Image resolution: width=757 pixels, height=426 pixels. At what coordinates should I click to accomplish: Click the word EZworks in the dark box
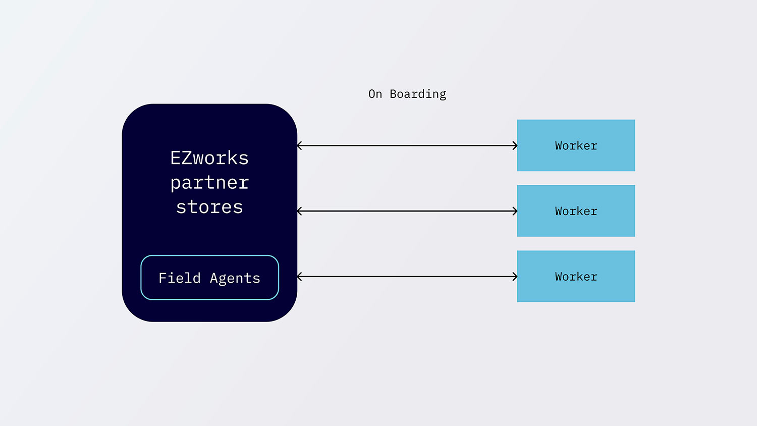tap(209, 158)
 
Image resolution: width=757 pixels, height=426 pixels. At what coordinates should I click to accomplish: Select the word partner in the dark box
tap(209, 183)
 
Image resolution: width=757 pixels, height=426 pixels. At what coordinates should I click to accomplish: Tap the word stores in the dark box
tap(209, 207)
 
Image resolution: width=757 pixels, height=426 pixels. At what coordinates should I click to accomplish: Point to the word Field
tap(180, 278)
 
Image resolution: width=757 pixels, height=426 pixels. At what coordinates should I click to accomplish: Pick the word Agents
tap(235, 279)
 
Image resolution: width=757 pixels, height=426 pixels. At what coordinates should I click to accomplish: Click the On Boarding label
tap(407, 94)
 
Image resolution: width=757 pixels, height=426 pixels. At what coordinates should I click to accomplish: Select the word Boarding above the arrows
tap(418, 94)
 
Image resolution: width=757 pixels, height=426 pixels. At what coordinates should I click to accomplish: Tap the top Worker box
tap(576, 145)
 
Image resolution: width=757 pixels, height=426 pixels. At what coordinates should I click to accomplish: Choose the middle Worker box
tap(576, 211)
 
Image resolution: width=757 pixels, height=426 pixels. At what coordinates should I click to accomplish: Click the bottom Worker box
tap(576, 277)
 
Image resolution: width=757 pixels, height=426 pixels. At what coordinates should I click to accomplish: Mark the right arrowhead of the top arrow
tap(515, 146)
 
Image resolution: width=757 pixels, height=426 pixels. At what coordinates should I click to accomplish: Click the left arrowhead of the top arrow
tap(300, 146)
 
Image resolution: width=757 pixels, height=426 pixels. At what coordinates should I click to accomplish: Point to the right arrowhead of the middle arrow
tap(515, 211)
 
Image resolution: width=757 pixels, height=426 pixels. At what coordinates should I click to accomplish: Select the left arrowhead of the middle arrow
tap(300, 211)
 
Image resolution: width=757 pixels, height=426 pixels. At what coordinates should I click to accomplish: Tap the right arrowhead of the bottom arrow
tap(515, 277)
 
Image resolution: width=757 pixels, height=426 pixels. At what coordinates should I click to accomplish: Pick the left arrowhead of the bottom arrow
tap(300, 277)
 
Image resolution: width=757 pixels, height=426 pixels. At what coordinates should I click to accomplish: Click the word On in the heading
tap(375, 94)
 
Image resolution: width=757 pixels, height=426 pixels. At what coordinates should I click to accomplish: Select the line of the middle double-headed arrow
tap(407, 211)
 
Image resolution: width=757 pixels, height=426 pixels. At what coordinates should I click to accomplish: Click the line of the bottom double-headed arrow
tap(407, 277)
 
